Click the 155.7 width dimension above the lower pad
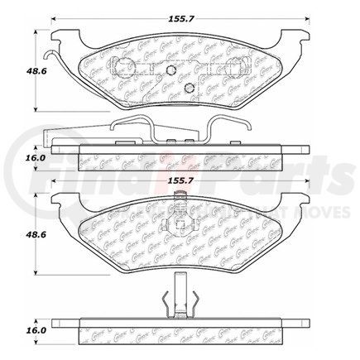tap(180, 177)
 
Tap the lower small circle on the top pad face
tap(190, 89)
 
